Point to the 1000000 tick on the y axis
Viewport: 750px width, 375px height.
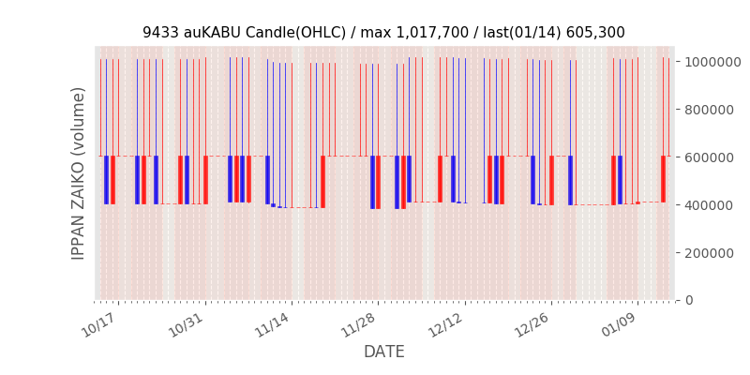[714, 62]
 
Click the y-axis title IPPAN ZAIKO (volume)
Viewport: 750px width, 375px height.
[79, 173]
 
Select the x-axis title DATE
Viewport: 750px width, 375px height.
[384, 352]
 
